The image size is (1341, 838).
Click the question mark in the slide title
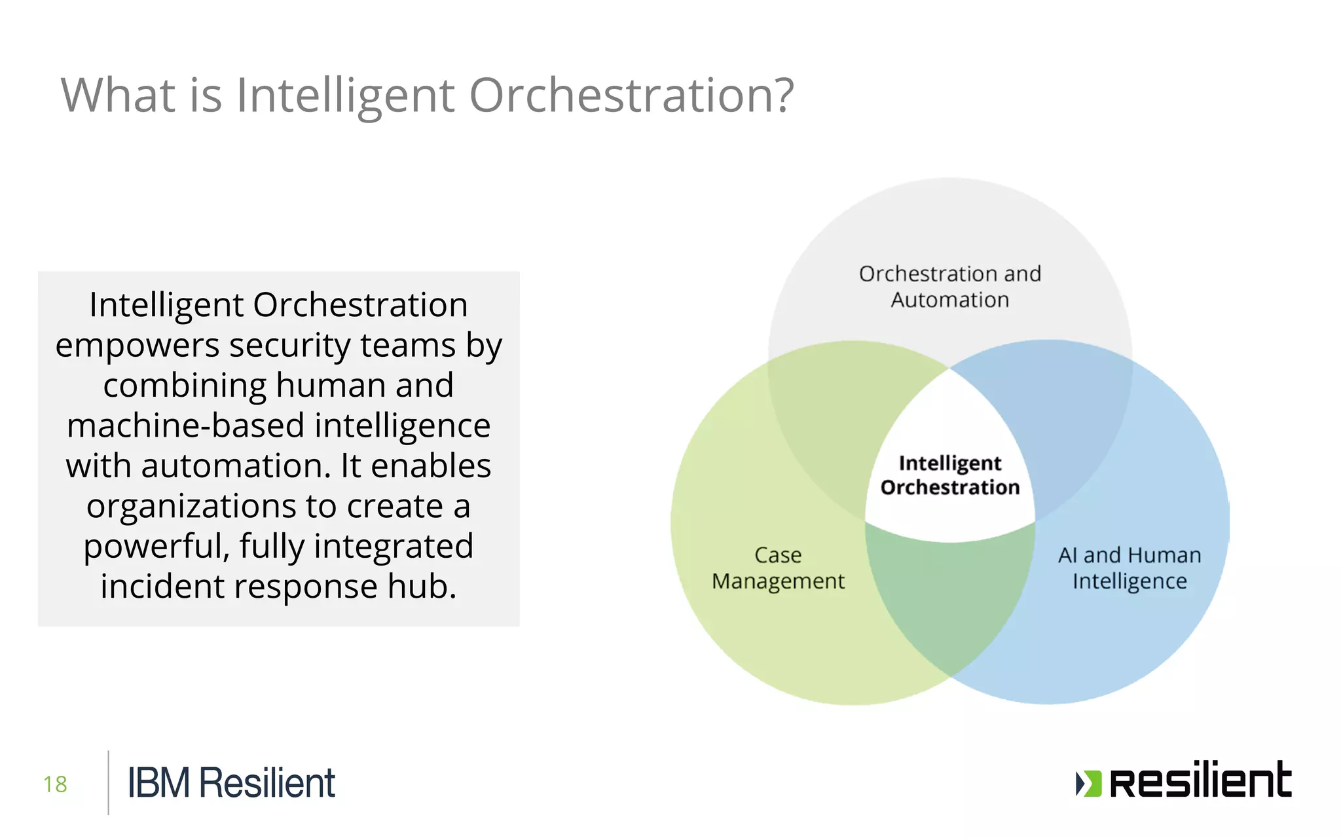(781, 96)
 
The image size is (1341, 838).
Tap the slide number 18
(56, 784)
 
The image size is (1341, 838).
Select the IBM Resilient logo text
(231, 783)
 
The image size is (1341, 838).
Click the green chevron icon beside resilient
(1088, 783)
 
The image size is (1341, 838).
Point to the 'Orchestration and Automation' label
(949, 287)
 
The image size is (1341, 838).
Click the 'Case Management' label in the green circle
(778, 568)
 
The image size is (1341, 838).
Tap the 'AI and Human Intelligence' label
(1130, 568)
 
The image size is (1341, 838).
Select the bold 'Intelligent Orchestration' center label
(949, 475)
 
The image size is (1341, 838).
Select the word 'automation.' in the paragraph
(234, 466)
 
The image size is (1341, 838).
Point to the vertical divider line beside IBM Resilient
(108, 782)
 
